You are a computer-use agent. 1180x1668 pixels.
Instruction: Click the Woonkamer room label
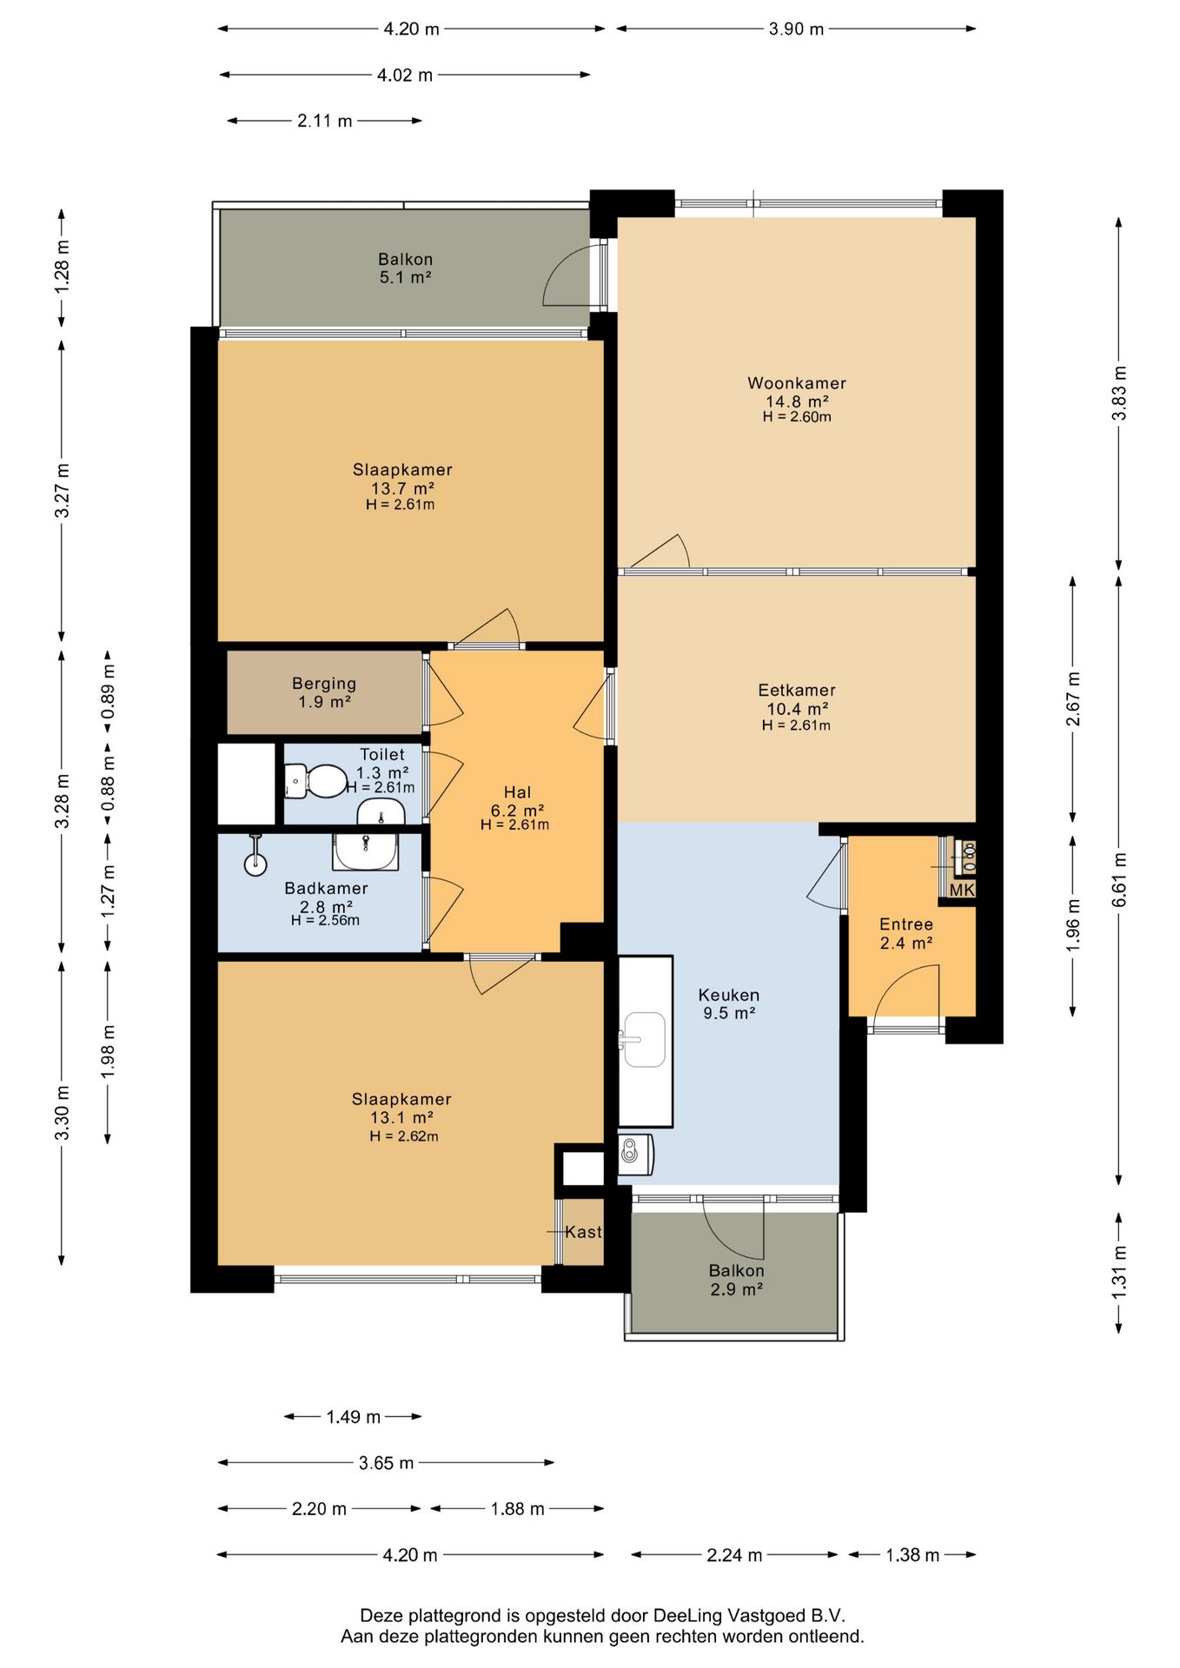[797, 383]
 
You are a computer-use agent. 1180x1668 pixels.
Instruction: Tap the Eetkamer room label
[797, 691]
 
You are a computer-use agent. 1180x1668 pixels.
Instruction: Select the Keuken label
[729, 996]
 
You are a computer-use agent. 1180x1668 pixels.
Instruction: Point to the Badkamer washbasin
[366, 851]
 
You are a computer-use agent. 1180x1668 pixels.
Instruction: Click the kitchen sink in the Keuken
[644, 1039]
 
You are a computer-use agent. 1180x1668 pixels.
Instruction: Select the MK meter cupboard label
[962, 890]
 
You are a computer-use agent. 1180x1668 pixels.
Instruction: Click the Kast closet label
[583, 1232]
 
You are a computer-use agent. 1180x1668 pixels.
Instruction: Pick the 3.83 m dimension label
[1120, 394]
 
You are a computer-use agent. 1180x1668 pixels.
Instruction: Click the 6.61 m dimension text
[1120, 880]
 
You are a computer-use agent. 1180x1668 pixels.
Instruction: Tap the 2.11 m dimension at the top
[325, 121]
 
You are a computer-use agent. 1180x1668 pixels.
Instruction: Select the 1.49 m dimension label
[354, 1417]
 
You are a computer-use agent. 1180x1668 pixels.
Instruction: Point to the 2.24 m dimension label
[734, 1555]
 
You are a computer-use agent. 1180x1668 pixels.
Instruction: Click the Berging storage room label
[324, 684]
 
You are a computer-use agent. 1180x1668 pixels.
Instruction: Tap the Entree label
[906, 924]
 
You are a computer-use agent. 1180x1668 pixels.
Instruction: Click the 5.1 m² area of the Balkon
[406, 278]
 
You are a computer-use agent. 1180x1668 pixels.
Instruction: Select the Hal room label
[517, 792]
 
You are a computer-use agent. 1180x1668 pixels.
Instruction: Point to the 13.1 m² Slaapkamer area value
[401, 1118]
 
